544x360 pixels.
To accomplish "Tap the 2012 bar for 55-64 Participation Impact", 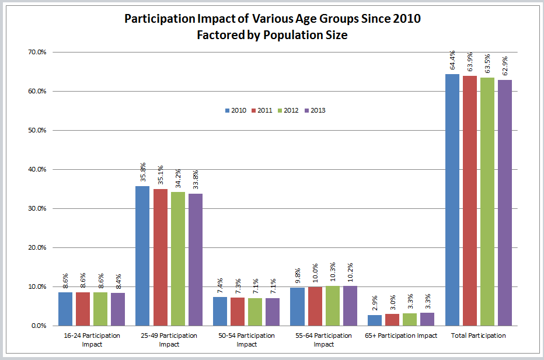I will (332, 306).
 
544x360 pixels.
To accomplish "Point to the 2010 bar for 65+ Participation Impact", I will (374, 320).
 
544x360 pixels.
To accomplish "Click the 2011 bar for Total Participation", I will (470, 201).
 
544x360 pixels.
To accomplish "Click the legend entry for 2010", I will (235, 110).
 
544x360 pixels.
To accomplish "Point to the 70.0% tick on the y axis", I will (37, 53).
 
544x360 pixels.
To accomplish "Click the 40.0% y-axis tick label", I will (37, 170).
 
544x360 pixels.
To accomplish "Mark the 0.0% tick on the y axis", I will (39, 326).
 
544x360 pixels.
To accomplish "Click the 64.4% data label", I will (452, 62).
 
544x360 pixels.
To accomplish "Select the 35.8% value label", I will (142, 174).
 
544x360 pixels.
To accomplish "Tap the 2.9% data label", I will (374, 305).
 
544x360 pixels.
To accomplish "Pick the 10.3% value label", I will (332, 274).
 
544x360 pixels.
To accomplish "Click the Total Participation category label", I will (479, 336).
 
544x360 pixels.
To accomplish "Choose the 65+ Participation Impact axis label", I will (401, 336).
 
